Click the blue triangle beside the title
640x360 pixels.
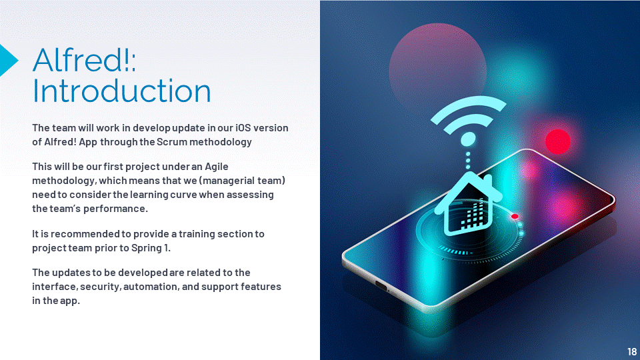(8, 60)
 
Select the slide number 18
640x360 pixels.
(631, 351)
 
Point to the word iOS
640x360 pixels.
(243, 128)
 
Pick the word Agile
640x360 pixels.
(216, 167)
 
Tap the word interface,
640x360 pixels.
(55, 287)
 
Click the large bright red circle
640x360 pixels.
(557, 141)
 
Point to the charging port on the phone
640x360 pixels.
(381, 285)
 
